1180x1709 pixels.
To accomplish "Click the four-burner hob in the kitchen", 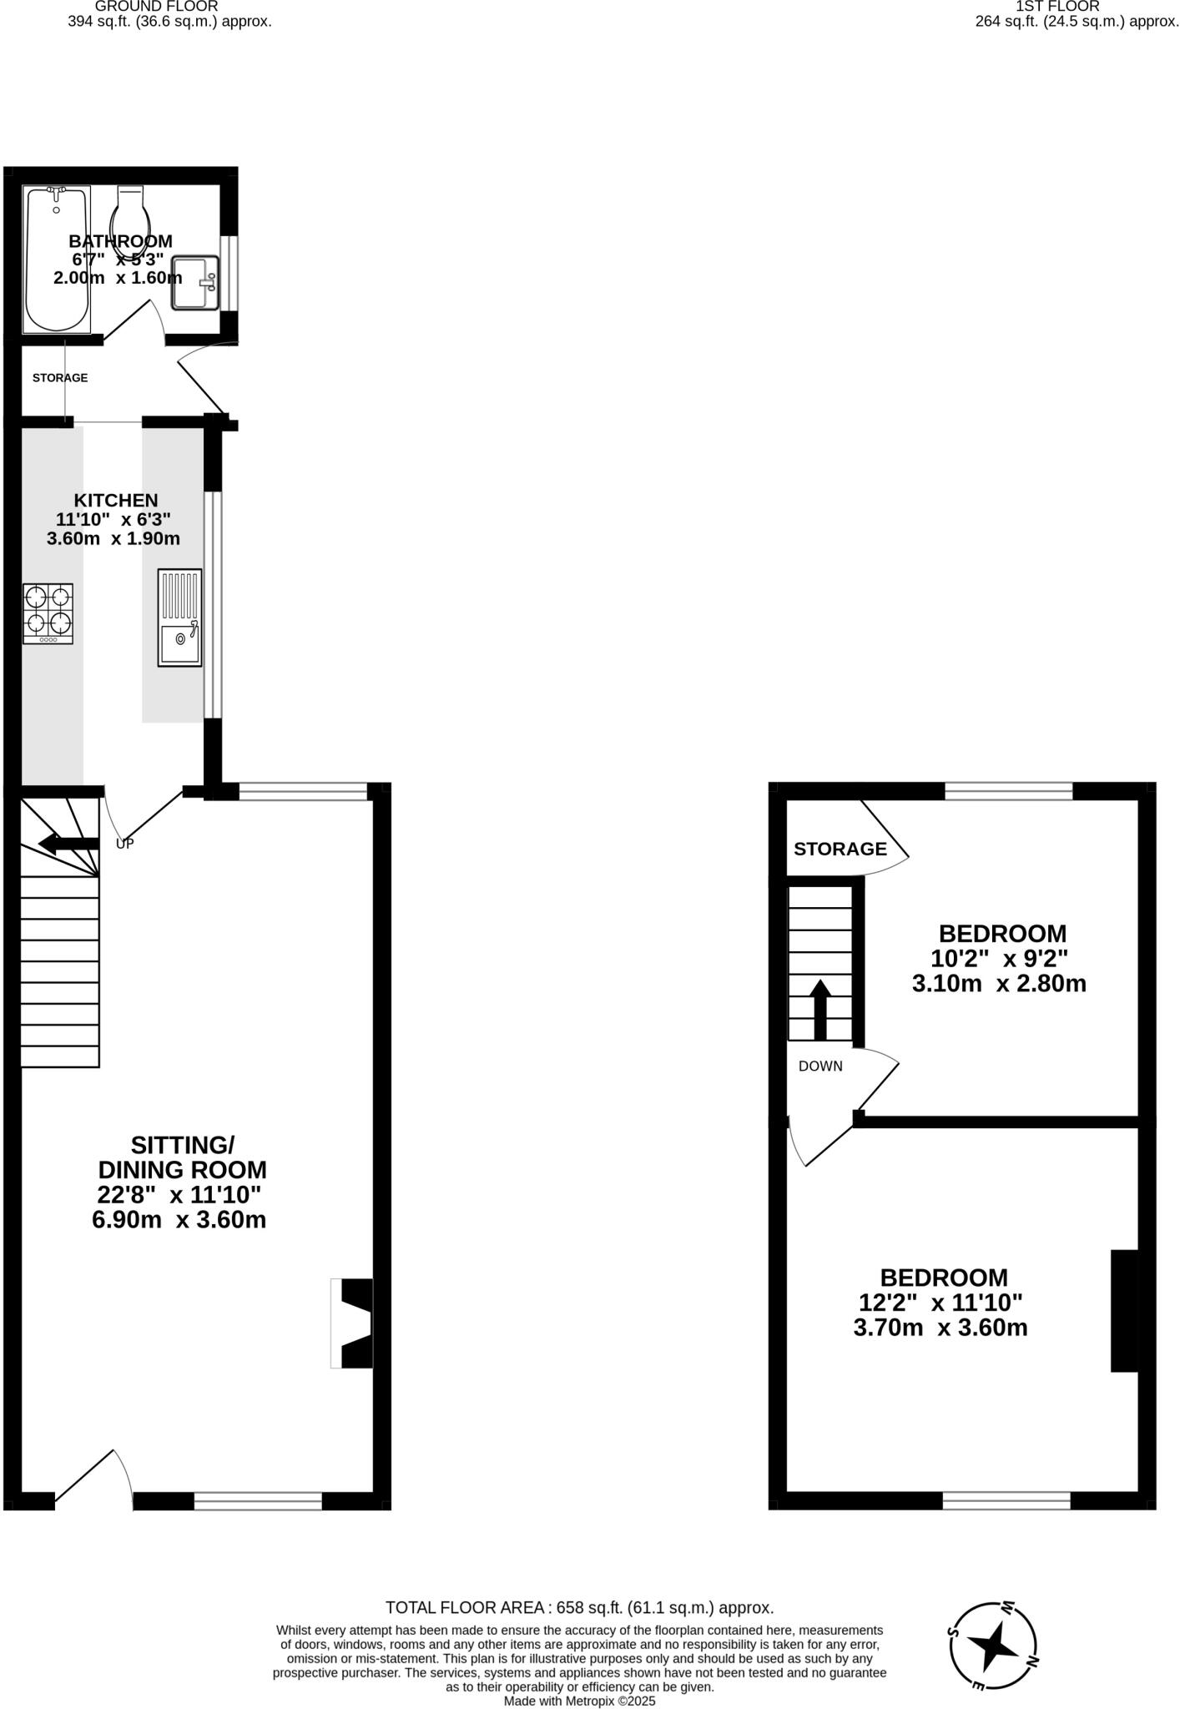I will coord(48,613).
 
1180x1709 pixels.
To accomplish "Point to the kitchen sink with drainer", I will coord(179,618).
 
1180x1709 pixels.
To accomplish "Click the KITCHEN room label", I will coord(116,500).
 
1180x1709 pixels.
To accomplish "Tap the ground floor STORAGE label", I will coord(60,378).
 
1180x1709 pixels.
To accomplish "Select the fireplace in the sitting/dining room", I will coord(351,1323).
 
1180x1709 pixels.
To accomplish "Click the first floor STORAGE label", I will coord(840,849).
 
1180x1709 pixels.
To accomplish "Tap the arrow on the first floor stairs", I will coord(820,1008).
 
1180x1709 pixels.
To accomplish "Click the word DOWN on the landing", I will coord(820,1066).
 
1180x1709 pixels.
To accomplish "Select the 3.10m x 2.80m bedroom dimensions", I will coord(999,984).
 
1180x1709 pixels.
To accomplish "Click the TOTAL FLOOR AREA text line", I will coord(579,1607).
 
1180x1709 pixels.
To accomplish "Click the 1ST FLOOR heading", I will coord(1057,7).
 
